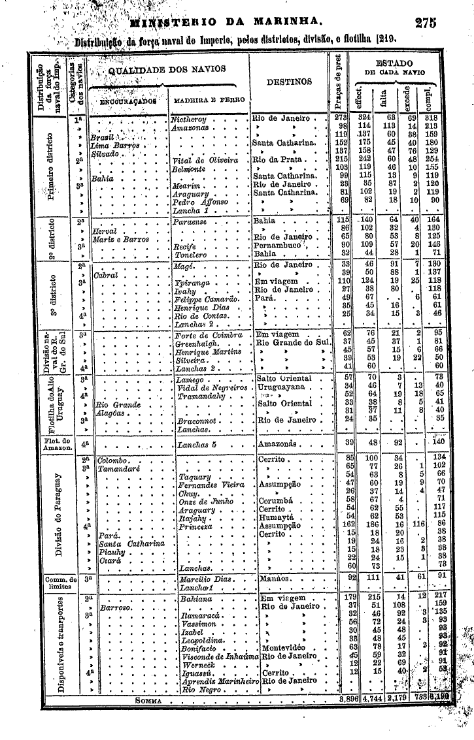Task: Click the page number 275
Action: (425, 22)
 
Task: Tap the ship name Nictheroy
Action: (189, 120)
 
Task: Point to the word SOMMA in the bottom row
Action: (150, 700)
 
